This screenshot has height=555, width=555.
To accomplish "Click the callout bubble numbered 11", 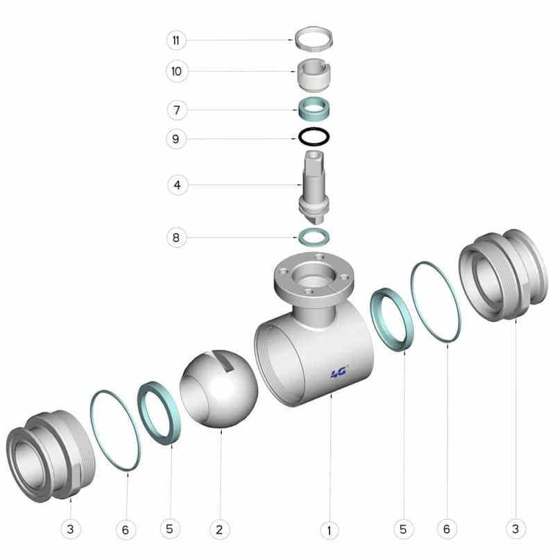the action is click(176, 40).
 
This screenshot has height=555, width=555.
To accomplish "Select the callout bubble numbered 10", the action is click(176, 71).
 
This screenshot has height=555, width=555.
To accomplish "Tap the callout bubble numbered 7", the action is click(177, 110).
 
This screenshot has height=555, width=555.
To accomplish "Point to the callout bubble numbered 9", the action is click(176, 139).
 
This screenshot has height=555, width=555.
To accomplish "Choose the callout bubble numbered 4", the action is click(178, 185).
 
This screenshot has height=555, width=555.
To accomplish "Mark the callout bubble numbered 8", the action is click(176, 237).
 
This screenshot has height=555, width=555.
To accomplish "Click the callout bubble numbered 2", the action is click(219, 529).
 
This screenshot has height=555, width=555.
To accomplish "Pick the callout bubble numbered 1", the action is click(330, 530).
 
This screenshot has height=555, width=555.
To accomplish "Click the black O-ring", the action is click(314, 137).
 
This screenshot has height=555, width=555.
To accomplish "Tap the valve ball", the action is click(219, 388).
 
